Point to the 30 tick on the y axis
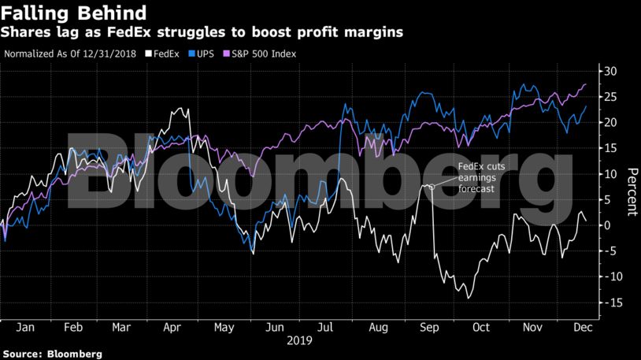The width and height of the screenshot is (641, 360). click(610, 72)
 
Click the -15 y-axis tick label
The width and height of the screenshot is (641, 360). click(607, 302)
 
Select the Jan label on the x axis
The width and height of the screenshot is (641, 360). click(24, 328)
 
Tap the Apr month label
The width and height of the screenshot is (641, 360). click(172, 328)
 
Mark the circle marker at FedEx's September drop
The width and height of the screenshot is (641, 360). click(432, 187)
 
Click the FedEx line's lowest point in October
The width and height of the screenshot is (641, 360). click(469, 298)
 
